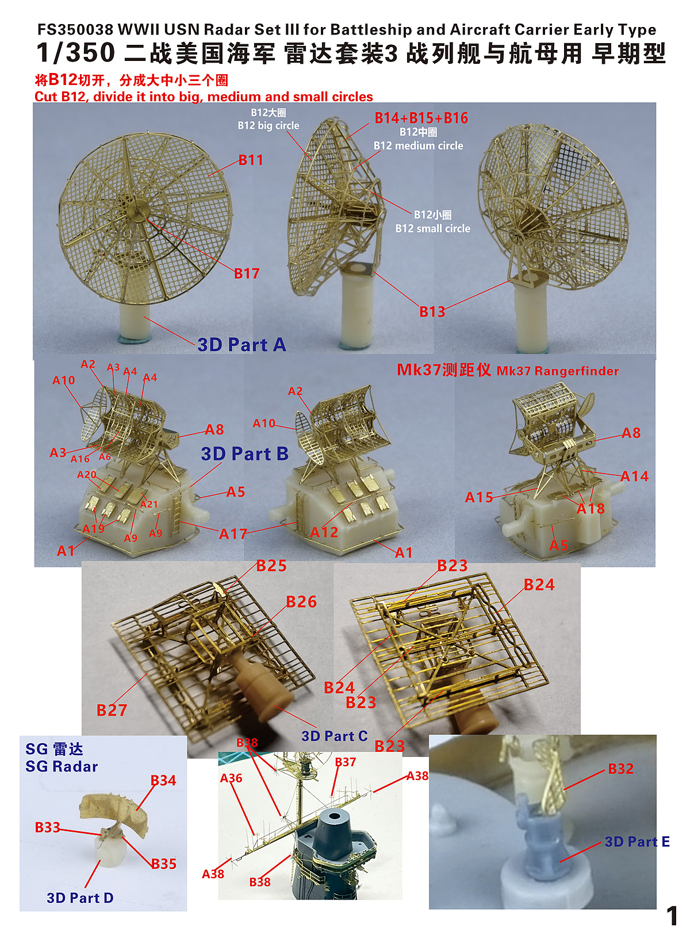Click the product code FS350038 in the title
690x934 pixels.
[x=75, y=30]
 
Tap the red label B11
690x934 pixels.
[x=251, y=160]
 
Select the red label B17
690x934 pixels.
[x=247, y=274]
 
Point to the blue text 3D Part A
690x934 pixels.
[x=241, y=345]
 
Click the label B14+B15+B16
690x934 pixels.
[x=421, y=118]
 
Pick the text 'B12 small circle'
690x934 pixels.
[x=432, y=229]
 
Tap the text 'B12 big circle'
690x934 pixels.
[x=269, y=125]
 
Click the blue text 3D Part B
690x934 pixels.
[x=245, y=454]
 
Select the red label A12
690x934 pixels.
[x=324, y=532]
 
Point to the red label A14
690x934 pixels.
[x=634, y=476]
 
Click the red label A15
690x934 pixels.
[x=478, y=497]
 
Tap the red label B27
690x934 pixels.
[x=112, y=710]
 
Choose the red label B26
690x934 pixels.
[x=301, y=602]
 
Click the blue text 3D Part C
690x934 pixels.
[x=335, y=736]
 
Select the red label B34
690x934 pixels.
[x=163, y=781]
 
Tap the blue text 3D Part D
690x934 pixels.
[x=80, y=898]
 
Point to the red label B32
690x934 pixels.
[x=620, y=769]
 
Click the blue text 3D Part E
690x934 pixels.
[x=637, y=841]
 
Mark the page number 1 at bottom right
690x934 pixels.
[x=672, y=915]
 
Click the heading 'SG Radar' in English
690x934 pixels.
[x=62, y=766]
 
